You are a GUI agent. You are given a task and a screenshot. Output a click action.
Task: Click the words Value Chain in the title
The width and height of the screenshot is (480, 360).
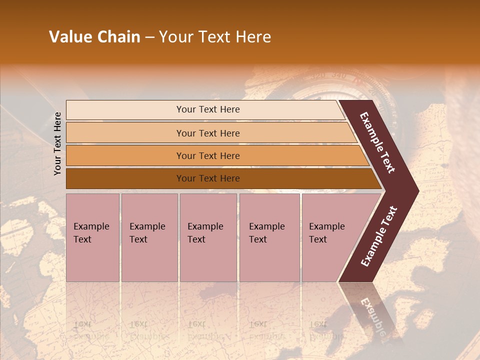pos(94,37)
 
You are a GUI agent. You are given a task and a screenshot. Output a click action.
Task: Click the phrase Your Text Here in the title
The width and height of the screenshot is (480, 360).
pos(215,37)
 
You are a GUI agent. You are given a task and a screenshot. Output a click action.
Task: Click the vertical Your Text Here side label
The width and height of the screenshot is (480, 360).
pos(57,143)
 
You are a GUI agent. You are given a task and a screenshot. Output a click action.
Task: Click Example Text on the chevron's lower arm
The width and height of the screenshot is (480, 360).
pos(379,236)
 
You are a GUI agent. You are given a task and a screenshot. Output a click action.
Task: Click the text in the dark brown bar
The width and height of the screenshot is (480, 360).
pos(208,178)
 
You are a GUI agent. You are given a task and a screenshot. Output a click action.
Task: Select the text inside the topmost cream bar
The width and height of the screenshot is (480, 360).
pos(208,109)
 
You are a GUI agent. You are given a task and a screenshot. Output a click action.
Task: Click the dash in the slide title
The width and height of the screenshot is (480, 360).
pos(149,37)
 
